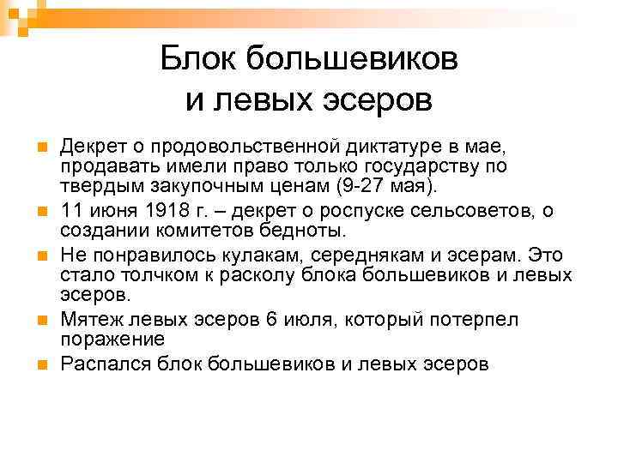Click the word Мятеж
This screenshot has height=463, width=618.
click(x=88, y=321)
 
